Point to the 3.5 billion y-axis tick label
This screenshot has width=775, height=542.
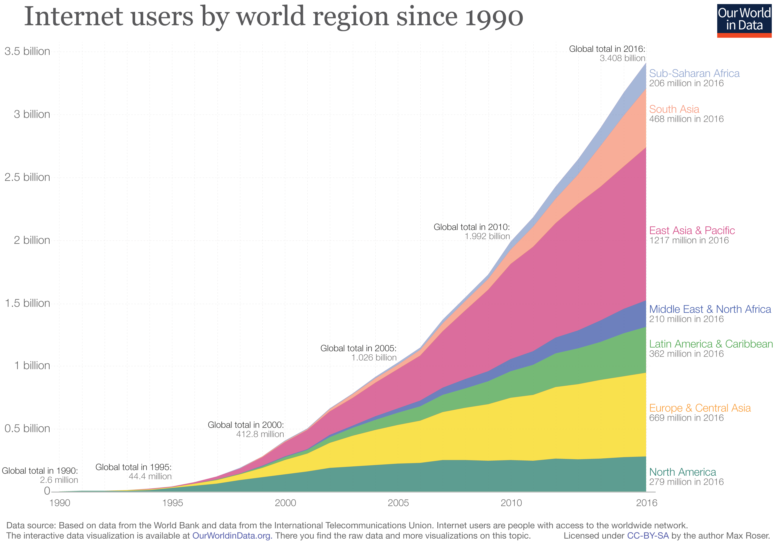click(27, 51)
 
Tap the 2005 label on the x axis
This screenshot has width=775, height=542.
click(398, 503)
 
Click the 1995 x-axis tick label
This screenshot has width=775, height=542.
click(173, 503)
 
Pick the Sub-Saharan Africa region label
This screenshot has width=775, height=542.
click(694, 73)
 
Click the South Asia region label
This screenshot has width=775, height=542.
click(674, 109)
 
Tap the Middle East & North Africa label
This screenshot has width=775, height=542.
click(710, 309)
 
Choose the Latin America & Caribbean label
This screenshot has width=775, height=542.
click(710, 344)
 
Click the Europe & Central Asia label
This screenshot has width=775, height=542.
click(700, 408)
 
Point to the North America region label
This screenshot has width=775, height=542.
click(682, 472)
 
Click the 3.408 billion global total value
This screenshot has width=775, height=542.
click(622, 58)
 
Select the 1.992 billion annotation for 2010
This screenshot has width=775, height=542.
click(487, 236)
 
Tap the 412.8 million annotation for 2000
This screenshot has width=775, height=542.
click(260, 434)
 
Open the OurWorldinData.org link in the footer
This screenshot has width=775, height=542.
click(231, 536)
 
